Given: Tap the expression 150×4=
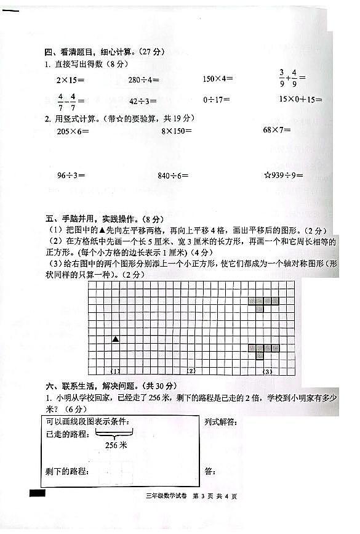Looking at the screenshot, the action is (x=218, y=79).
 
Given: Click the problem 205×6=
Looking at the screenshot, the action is (x=73, y=131).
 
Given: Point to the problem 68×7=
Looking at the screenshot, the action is (x=277, y=130).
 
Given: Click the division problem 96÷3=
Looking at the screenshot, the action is (x=71, y=176).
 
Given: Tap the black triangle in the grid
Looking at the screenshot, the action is (x=115, y=339).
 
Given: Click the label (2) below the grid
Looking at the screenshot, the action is (x=191, y=371).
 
